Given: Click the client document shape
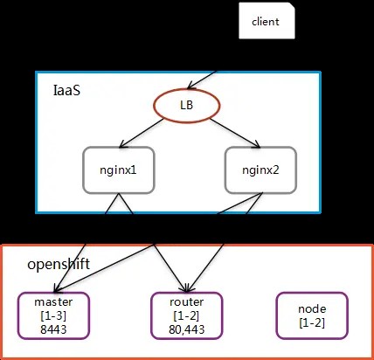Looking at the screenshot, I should pyautogui.click(x=266, y=21).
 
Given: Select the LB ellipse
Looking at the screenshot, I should pyautogui.click(x=186, y=104).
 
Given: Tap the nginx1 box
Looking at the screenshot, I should pyautogui.click(x=119, y=168).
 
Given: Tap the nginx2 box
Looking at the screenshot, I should pyautogui.click(x=260, y=168).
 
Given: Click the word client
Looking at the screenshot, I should pyautogui.click(x=265, y=21).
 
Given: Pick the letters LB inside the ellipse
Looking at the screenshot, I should pyautogui.click(x=186, y=104).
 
